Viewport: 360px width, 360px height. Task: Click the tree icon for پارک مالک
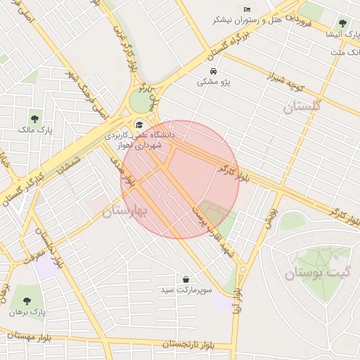coord(35,118)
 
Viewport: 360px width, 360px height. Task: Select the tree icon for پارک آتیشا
coord(342,24)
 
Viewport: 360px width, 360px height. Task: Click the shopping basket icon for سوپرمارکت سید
coord(186,279)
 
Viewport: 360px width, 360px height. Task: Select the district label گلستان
coord(302,107)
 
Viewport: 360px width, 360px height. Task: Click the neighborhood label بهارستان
coord(124,211)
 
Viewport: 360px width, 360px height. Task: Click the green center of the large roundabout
coord(141,103)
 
